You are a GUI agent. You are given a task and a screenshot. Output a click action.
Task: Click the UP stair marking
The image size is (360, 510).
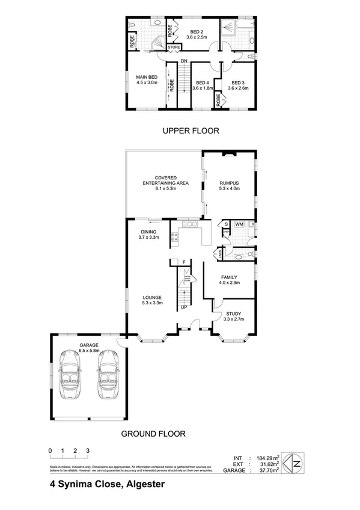pyautogui.click(x=184, y=307)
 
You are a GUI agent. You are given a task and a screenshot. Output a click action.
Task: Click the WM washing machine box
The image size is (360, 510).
pyautogui.click(x=239, y=224)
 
